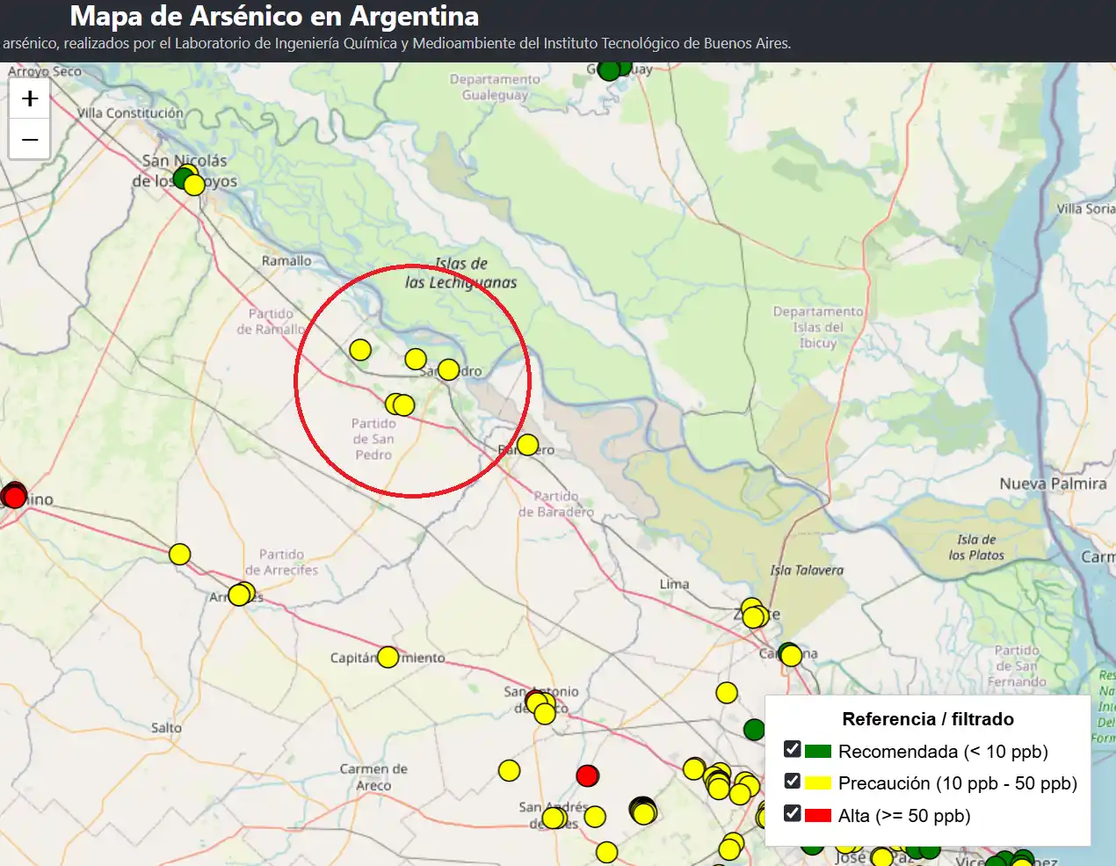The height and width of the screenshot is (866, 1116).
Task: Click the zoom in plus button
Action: [30, 98]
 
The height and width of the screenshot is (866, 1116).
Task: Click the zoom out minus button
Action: [30, 140]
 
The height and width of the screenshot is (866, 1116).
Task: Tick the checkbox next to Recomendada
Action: [792, 750]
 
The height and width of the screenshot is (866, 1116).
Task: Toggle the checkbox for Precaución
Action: [792, 782]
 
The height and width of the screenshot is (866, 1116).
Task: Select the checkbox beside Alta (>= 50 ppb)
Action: [792, 813]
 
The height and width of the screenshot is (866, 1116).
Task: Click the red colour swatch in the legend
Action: [817, 815]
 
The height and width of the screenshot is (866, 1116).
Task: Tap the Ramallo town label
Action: [286, 261]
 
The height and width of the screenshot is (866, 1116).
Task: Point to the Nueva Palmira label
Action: [1053, 484]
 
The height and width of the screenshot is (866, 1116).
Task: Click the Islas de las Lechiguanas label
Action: [461, 273]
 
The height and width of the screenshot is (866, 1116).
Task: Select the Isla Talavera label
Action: [807, 571]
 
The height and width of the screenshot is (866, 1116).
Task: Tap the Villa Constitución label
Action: [130, 113]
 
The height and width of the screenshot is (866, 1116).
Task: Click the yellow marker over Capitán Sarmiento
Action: [388, 657]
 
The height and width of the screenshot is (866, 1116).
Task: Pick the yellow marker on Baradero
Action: [527, 445]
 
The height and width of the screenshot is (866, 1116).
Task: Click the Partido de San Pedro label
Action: [373, 439]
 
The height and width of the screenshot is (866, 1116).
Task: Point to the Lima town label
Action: [674, 584]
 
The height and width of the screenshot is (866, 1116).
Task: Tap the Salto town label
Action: [166, 728]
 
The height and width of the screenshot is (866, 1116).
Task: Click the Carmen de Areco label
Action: [373, 777]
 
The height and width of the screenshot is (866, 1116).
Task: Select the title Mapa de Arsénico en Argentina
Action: [274, 16]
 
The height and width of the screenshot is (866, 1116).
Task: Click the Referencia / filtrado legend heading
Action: [927, 719]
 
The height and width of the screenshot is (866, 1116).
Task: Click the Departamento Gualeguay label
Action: [495, 87]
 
